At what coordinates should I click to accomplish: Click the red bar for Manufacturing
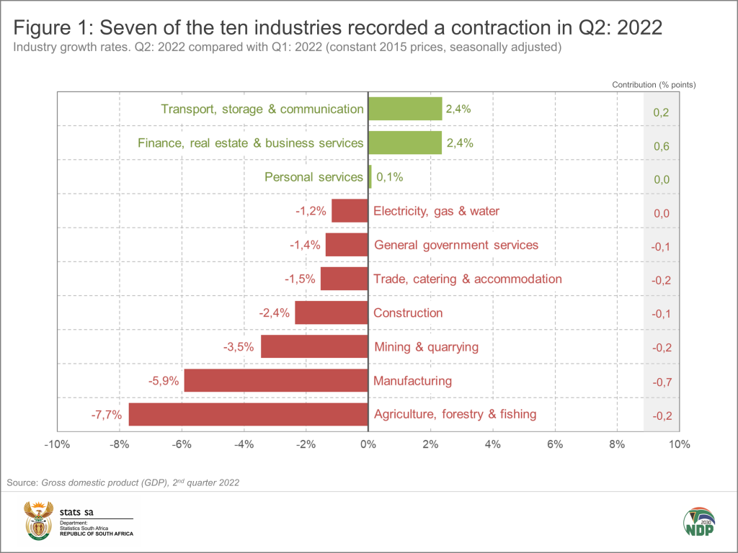click(x=276, y=380)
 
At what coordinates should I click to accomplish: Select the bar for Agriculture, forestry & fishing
click(x=248, y=414)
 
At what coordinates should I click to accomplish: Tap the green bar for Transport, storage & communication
click(x=404, y=109)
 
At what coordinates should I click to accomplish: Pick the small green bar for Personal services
click(x=370, y=177)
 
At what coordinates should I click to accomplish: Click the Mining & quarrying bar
click(x=314, y=347)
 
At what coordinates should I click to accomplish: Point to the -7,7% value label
click(x=107, y=414)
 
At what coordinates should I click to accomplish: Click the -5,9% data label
click(x=163, y=380)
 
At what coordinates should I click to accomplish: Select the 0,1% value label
click(x=391, y=177)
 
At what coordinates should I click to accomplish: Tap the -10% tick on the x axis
click(x=56, y=444)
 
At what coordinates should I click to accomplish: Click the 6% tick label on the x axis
click(x=555, y=444)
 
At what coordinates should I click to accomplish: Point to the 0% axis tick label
click(x=368, y=444)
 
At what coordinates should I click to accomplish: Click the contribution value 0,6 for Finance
click(x=661, y=145)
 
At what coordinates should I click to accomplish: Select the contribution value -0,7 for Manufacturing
click(x=661, y=382)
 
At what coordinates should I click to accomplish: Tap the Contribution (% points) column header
click(x=654, y=85)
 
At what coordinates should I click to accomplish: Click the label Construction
click(x=408, y=313)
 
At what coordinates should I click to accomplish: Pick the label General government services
click(x=456, y=245)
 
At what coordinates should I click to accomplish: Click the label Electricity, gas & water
click(x=436, y=211)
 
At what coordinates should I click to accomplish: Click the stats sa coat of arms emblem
click(x=35, y=521)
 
